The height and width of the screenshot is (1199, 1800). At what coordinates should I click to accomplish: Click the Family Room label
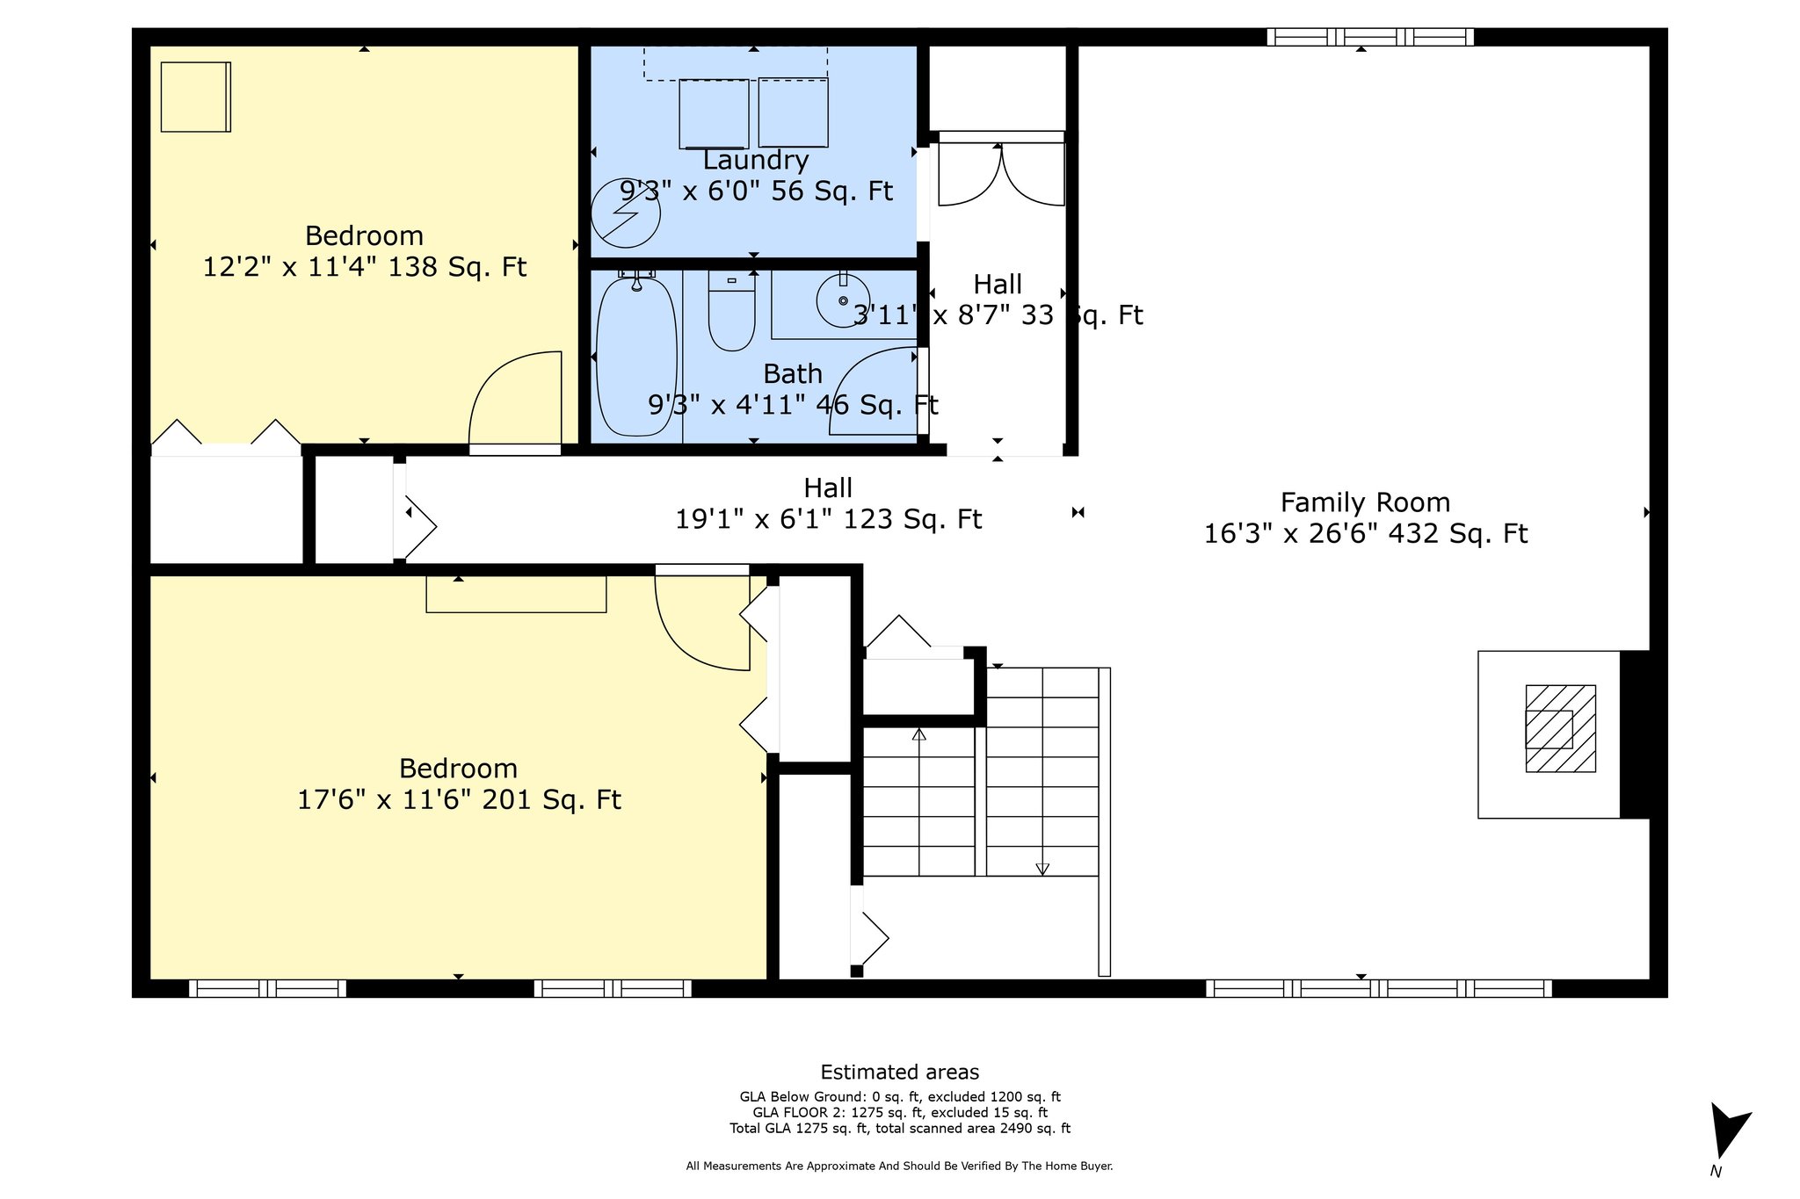(1365, 502)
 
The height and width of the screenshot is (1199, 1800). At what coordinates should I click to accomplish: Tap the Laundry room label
(756, 160)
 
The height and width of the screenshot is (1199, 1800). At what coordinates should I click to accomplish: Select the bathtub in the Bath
(637, 356)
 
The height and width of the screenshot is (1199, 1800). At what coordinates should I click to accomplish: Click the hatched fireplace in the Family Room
(1560, 728)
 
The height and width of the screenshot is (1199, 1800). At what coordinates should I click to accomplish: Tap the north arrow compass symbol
(1728, 1139)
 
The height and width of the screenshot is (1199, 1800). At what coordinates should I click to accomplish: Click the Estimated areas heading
(900, 1072)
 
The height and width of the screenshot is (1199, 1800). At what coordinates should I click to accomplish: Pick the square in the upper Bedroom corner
(195, 97)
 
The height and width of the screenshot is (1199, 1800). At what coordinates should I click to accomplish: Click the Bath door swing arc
(874, 391)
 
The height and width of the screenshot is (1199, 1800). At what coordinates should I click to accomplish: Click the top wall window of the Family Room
(1370, 37)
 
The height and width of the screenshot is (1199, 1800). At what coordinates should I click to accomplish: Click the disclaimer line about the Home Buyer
(899, 1166)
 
